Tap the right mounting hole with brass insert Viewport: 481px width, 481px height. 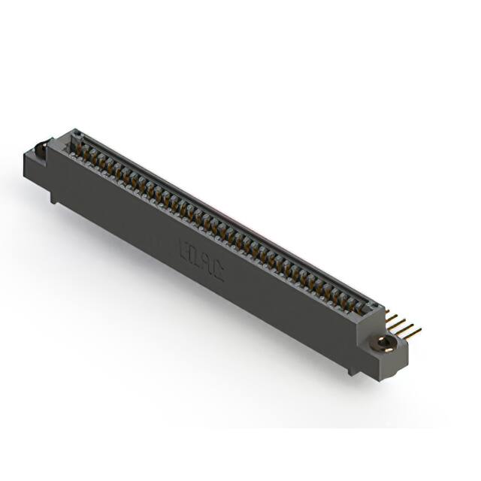coord(384,343)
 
